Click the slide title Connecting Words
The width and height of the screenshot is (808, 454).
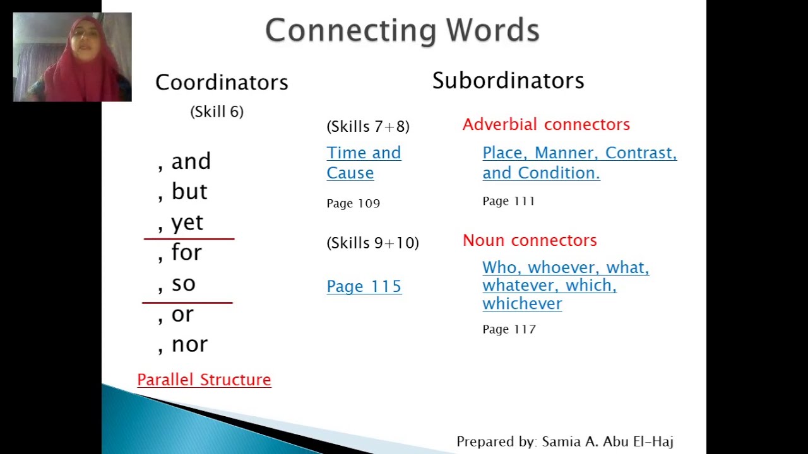pos(402,30)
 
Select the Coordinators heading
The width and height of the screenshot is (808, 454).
pos(222,83)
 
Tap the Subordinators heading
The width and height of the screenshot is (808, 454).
pos(508,81)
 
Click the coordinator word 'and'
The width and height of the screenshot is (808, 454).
pos(191,161)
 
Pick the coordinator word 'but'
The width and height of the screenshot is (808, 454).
pos(189,192)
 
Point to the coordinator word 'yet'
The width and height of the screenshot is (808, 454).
pos(187,223)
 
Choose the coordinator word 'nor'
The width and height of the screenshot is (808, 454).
pos(189,344)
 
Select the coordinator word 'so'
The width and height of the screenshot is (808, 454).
pos(183,284)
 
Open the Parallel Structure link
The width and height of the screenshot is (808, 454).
pos(204,380)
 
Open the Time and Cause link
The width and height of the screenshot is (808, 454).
pos(364,163)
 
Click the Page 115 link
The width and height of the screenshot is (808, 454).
pos(364,286)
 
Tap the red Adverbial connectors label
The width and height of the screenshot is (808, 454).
pos(546,124)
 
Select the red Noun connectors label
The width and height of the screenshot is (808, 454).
pos(530,240)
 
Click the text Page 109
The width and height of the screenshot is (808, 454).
pos(353,204)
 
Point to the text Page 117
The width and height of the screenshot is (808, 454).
pos(509,329)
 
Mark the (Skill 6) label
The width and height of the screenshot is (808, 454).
pos(217,112)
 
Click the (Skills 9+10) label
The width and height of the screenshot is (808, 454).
pos(372,243)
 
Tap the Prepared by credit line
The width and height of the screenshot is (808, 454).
pos(564,441)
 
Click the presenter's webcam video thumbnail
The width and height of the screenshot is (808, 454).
pos(72,57)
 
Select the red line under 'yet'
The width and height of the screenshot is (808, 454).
pos(189,239)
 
